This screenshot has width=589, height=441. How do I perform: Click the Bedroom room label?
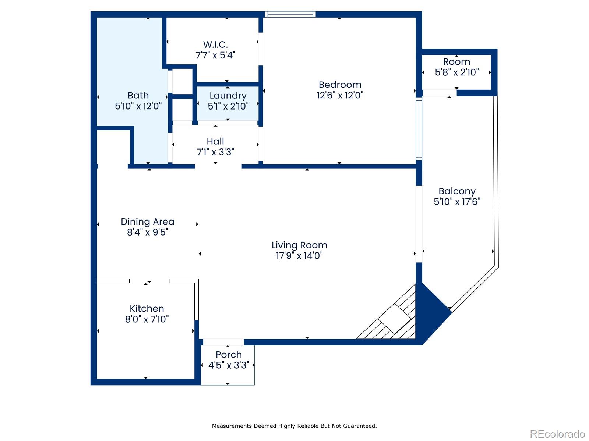(340, 85)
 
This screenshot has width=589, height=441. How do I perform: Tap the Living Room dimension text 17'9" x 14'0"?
(299, 255)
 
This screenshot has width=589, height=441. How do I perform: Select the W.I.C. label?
(215, 44)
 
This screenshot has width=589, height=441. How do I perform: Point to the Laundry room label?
(228, 96)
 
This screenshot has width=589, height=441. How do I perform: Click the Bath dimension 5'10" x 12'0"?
(138, 106)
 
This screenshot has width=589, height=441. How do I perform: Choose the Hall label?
(215, 141)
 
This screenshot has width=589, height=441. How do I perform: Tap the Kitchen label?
(147, 308)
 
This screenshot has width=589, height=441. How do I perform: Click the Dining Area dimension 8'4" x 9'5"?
(147, 232)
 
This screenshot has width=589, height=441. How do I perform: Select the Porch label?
(229, 355)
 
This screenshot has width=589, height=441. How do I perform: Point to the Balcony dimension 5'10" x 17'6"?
(457, 202)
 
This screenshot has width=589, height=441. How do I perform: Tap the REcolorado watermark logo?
(557, 434)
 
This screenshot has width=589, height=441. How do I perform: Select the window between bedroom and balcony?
(419, 129)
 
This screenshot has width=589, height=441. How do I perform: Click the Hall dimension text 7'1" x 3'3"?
(215, 152)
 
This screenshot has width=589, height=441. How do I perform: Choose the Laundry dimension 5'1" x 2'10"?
(228, 106)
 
